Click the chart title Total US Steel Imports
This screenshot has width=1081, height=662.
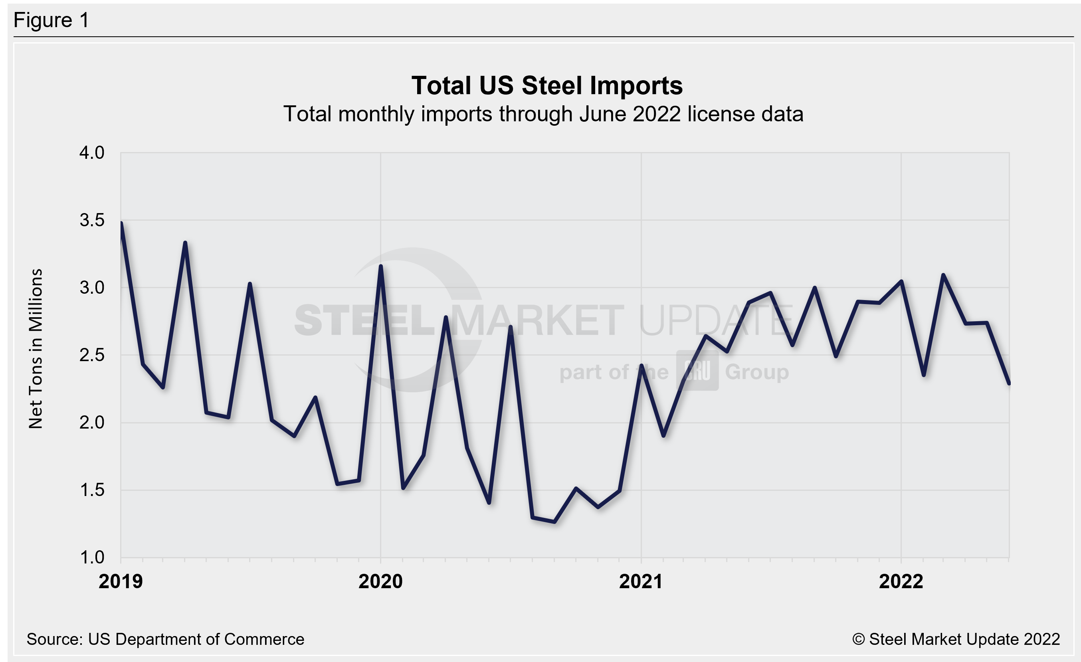click(x=546, y=85)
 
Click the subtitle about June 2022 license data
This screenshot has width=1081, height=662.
click(x=543, y=114)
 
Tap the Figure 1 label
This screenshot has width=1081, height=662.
click(x=51, y=20)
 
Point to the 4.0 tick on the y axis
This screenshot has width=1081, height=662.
click(x=92, y=152)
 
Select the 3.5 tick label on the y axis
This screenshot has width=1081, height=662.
click(x=92, y=220)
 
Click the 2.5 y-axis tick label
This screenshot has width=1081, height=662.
click(x=92, y=355)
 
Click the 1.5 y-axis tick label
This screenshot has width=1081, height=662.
click(x=92, y=490)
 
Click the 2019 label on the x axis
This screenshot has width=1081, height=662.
click(x=121, y=581)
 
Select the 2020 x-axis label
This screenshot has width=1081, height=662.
click(x=380, y=581)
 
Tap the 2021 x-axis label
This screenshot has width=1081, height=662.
click(x=641, y=581)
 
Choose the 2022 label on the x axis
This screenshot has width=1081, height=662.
click(x=901, y=581)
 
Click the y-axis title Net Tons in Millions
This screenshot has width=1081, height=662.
click(x=36, y=348)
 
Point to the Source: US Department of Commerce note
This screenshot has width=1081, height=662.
click(x=165, y=639)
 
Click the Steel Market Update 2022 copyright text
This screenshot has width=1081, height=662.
click(x=956, y=639)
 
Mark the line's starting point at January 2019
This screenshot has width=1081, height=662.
click(x=121, y=223)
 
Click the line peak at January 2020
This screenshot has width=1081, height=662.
click(x=380, y=266)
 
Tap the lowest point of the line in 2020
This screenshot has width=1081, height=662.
click(x=554, y=522)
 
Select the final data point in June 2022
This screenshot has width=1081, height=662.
click(x=1009, y=383)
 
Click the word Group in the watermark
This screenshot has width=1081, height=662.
click(x=756, y=372)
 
